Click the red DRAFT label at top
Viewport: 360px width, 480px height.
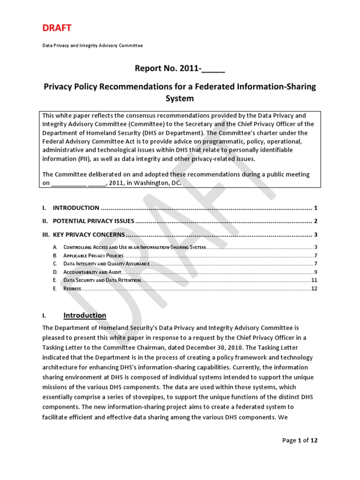57,28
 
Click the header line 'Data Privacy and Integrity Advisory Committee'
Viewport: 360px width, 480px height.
92,45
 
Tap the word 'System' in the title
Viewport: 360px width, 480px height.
180,98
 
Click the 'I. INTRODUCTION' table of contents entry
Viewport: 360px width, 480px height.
76,208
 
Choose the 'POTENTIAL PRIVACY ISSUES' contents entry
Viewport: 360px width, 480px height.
94,221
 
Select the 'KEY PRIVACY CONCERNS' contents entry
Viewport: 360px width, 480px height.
89,234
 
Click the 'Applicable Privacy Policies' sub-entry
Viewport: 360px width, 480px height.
93,255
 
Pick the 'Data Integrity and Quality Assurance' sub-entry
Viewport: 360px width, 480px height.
106,264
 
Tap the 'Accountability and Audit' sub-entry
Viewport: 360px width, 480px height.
92,272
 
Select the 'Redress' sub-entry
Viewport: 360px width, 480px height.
72,288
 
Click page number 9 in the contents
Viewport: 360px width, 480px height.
316,272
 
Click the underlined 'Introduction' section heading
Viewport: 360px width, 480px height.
85,315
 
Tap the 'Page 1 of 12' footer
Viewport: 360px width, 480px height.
300,440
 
